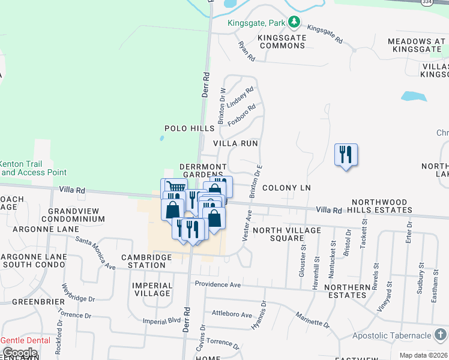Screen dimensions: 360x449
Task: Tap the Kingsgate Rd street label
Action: [x=324, y=35]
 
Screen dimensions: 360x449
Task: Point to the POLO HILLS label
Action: [x=190, y=128]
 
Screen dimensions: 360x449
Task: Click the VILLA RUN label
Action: [x=235, y=144]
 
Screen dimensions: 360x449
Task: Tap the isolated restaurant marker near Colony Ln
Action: [x=346, y=155]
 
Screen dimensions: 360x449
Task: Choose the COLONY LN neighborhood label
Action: [x=286, y=188]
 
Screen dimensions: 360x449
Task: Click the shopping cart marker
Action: [x=173, y=187]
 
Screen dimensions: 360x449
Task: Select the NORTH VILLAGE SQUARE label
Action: [x=278, y=234]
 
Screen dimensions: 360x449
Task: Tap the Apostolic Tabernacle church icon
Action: [x=440, y=334]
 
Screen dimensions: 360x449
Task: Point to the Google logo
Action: [x=20, y=353]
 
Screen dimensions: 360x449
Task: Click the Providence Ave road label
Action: [x=217, y=284]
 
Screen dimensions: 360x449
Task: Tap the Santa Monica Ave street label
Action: [x=95, y=253]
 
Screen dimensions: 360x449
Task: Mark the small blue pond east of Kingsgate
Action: [x=414, y=96]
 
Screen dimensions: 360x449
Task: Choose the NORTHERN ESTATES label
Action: [x=345, y=291]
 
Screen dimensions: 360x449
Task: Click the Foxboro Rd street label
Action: [x=241, y=112]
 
